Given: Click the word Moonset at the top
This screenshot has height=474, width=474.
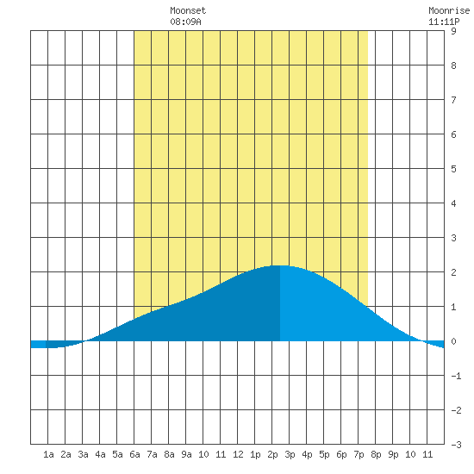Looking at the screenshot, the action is pos(188,10).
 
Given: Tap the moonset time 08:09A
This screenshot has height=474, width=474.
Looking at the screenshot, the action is pos(185,22).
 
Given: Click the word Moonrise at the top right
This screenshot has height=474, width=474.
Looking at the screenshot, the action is pos(449,10).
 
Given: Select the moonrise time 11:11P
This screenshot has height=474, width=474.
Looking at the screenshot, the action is pos(444,22).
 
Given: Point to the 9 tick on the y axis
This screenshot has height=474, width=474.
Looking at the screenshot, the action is pos(453,31).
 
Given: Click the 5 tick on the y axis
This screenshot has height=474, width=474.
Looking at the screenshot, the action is pos(453,169).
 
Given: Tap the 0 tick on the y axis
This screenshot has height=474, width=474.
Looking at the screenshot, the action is pos(453,341).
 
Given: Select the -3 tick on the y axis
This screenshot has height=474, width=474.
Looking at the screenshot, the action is pos(456,445).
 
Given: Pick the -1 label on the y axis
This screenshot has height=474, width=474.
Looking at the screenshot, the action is pos(456,376).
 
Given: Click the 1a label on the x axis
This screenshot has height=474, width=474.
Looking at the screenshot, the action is pos(48,454).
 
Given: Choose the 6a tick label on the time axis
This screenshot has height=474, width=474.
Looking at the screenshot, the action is pos(134,454).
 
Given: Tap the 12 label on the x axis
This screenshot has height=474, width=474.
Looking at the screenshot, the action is pos(238,454).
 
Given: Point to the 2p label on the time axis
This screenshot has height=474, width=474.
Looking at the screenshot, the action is pos(272,454).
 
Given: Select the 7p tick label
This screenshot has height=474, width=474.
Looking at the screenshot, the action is pos(359,454).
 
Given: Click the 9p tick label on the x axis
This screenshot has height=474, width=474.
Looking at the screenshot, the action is pos(393,454).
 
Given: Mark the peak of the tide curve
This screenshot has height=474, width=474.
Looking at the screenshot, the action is pos(280,265).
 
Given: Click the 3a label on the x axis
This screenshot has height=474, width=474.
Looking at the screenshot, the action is pos(83,454).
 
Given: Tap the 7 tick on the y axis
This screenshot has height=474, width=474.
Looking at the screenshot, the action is pos(453,100).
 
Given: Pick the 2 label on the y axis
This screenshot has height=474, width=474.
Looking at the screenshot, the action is pos(453,272).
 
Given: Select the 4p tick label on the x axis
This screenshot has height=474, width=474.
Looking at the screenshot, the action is pos(307,454).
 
